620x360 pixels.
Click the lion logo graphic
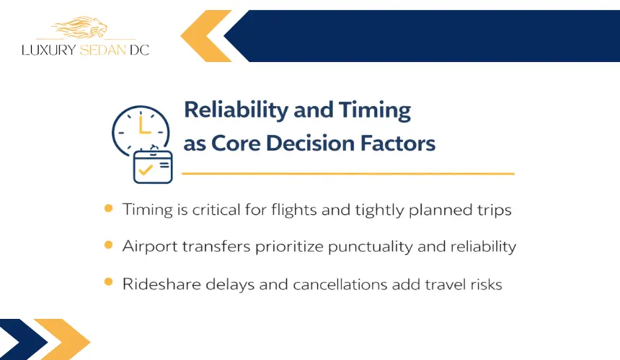[x=80, y=27]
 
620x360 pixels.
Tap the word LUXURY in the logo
[x=48, y=51]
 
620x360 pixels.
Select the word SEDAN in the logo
[x=103, y=51]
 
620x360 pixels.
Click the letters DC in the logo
[x=139, y=51]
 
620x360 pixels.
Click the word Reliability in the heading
[x=236, y=110]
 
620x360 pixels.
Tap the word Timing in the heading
[x=374, y=110]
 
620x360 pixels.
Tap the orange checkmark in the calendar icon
[x=146, y=170]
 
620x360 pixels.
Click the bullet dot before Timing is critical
[x=108, y=208]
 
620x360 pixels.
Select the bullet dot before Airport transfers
[x=108, y=245]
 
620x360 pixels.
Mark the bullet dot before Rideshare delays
[x=108, y=281]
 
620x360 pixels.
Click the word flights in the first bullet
[x=294, y=209]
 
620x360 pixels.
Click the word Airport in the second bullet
[x=150, y=247]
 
